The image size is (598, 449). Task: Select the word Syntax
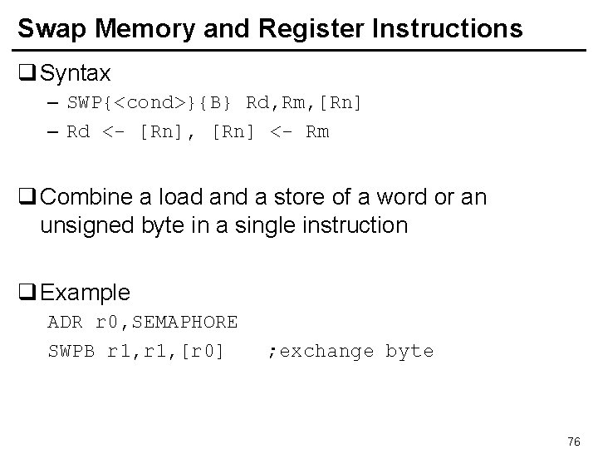(76, 73)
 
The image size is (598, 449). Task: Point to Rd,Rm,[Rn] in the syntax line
(305, 103)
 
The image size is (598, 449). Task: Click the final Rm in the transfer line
(317, 132)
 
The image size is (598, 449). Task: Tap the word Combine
(81, 199)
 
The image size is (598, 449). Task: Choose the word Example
(86, 293)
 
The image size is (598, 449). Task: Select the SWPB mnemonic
(73, 351)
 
